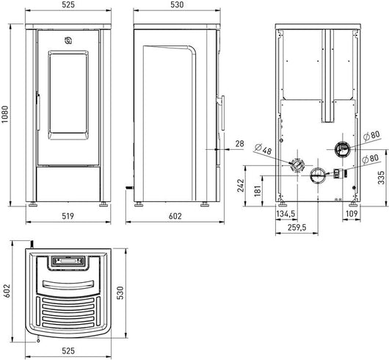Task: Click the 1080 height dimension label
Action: [5, 115]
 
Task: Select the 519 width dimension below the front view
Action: [68, 216]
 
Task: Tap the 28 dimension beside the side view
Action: [240, 143]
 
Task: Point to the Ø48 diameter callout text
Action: [263, 149]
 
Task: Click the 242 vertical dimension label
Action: [241, 185]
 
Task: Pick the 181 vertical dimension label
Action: [258, 190]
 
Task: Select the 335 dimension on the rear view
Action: [382, 177]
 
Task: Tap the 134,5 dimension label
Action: [286, 214]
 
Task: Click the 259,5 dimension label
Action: [297, 227]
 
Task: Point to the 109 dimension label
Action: [352, 214]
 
